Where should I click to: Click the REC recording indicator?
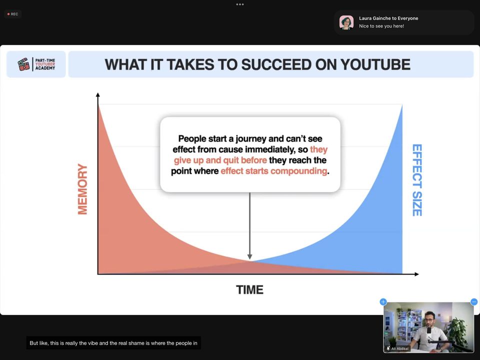click(13, 14)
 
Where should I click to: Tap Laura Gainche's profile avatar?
click(346, 22)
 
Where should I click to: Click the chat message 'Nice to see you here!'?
click(381, 26)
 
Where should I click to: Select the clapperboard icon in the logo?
click(24, 64)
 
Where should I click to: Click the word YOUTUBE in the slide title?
click(375, 64)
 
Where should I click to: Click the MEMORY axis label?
click(82, 189)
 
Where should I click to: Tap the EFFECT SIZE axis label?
click(417, 180)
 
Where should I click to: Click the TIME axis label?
click(249, 289)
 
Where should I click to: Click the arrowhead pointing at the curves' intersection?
click(250, 257)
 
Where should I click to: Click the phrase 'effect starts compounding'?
click(273, 171)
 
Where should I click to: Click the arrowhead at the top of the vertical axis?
click(97, 94)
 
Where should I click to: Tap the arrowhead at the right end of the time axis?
click(416, 274)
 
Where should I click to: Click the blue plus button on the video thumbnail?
click(383, 302)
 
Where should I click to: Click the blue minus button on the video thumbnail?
click(474, 302)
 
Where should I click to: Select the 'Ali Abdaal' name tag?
click(397, 348)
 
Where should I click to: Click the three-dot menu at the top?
click(240, 4)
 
